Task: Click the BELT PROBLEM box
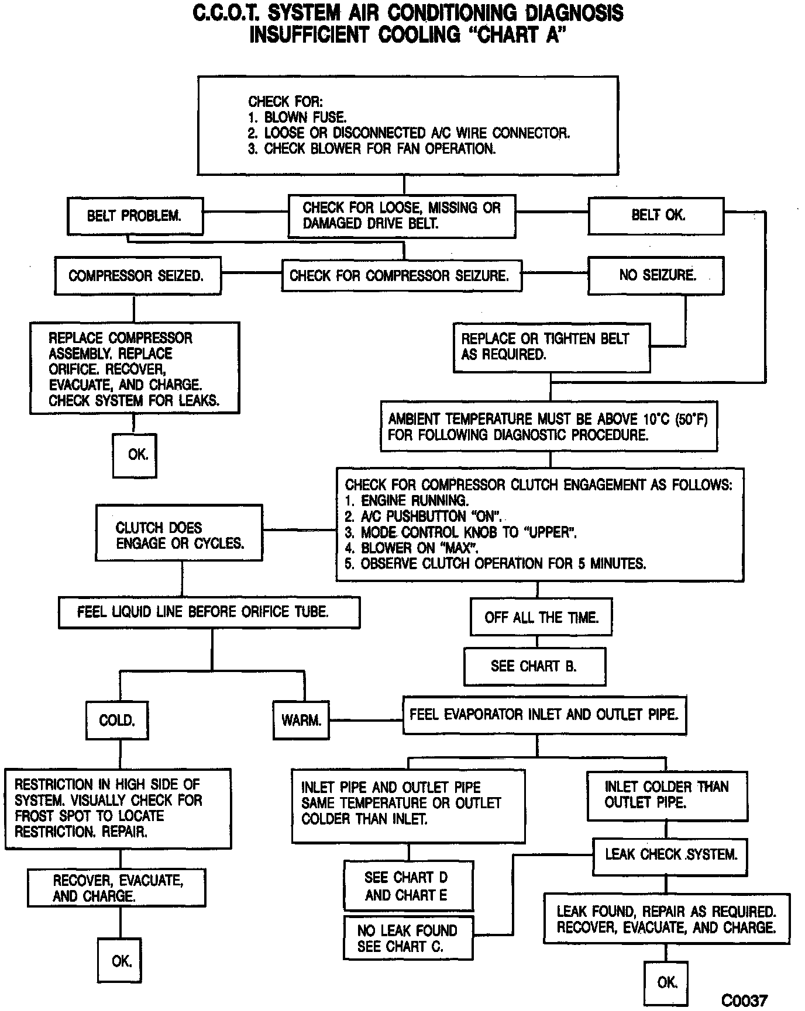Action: pyautogui.click(x=135, y=216)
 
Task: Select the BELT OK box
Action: pyautogui.click(x=656, y=216)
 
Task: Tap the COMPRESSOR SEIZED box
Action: pyautogui.click(x=137, y=275)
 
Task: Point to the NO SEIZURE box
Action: pyautogui.click(x=656, y=275)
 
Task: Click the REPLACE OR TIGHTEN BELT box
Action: pyautogui.click(x=551, y=347)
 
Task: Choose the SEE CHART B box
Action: pyautogui.click(x=535, y=666)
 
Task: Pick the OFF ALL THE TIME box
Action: pyautogui.click(x=541, y=617)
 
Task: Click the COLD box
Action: pyautogui.click(x=117, y=720)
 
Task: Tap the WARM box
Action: pyautogui.click(x=301, y=720)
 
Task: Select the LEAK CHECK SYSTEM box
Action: pyautogui.click(x=670, y=855)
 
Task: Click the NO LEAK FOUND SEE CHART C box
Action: pyautogui.click(x=408, y=939)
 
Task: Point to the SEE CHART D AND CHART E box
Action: pyautogui.click(x=408, y=886)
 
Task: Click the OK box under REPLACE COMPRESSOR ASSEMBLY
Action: pyautogui.click(x=135, y=455)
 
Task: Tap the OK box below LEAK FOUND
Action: pyautogui.click(x=666, y=983)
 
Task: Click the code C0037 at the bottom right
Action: pyautogui.click(x=744, y=1000)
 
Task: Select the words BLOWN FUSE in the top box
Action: pyautogui.click(x=305, y=117)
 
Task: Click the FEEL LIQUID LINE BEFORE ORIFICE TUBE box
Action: pyautogui.click(x=209, y=612)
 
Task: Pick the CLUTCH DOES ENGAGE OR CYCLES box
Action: pyautogui.click(x=179, y=535)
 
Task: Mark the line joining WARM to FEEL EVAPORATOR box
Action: pyautogui.click(x=366, y=720)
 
